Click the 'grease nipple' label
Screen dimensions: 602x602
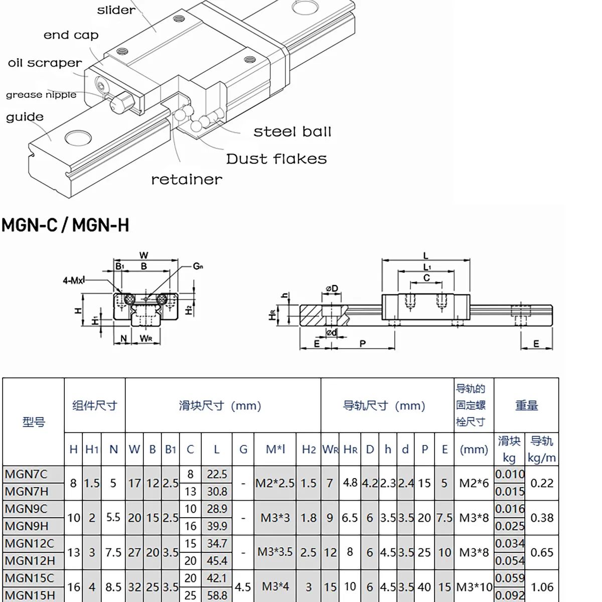click(x=41, y=95)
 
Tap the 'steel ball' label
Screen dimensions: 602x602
click(x=292, y=132)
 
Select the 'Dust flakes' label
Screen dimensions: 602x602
click(x=276, y=159)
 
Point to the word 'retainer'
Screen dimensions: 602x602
click(x=187, y=180)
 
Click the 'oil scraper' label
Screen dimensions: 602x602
click(x=45, y=63)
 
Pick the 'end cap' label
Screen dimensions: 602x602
click(x=71, y=35)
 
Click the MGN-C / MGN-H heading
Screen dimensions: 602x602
click(x=65, y=225)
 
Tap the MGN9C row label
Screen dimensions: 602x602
click(x=26, y=509)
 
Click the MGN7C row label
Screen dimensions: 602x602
click(x=26, y=474)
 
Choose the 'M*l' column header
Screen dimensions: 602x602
click(x=275, y=449)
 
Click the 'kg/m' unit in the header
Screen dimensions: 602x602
click(x=542, y=458)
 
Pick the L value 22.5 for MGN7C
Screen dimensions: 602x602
click(x=217, y=474)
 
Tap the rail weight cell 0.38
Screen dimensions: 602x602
click(x=542, y=518)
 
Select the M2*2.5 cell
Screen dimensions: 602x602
click(x=275, y=483)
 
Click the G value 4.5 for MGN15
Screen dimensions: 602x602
click(x=243, y=587)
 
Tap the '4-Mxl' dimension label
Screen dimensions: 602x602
click(x=74, y=280)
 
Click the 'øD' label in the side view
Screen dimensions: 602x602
click(x=332, y=288)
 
